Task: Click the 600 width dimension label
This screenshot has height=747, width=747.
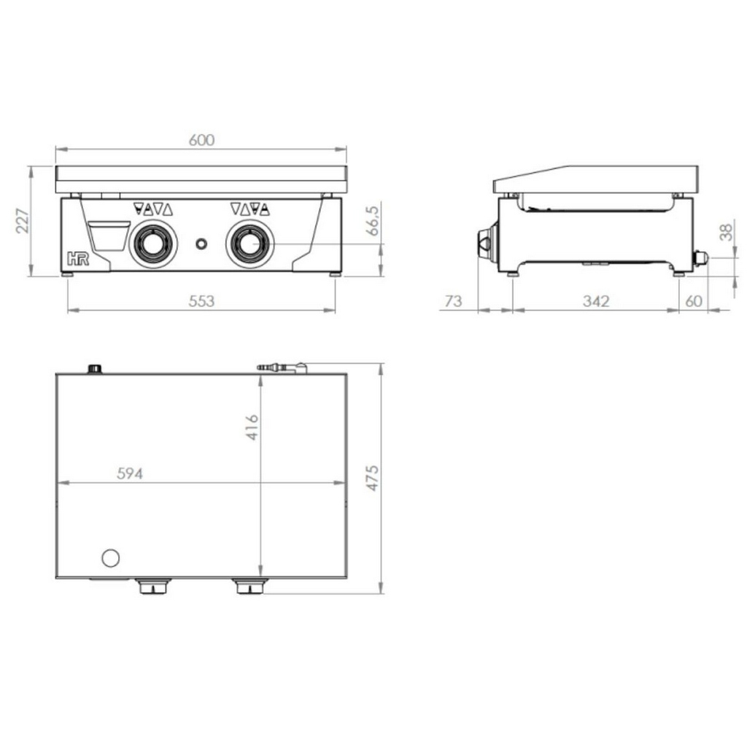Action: click(201, 140)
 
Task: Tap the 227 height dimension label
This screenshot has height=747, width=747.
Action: click(23, 220)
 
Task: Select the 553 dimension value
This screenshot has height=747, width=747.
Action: click(201, 301)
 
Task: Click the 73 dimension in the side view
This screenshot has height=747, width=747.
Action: click(453, 301)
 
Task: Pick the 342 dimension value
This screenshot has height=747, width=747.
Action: click(596, 301)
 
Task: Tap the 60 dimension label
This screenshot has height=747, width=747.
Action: click(694, 301)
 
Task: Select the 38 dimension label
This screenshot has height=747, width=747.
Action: click(726, 233)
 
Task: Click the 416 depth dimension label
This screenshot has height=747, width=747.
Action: click(252, 427)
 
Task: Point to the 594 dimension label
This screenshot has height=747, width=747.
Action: click(130, 473)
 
